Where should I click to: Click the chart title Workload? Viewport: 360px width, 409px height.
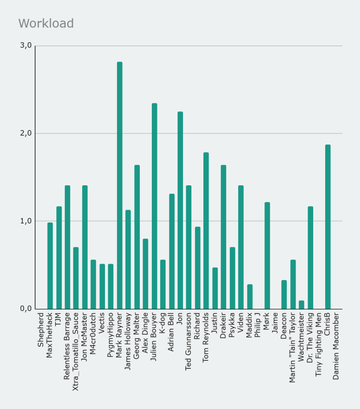(46, 24)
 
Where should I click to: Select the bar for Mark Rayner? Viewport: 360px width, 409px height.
(119, 185)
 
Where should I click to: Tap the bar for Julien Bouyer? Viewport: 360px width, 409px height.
(154, 206)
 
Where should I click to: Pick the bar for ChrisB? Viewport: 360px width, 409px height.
(328, 227)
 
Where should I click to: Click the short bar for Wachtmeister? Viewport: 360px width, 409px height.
(301, 305)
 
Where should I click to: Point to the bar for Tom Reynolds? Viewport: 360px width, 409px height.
(206, 231)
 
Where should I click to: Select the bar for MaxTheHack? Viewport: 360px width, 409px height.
(50, 266)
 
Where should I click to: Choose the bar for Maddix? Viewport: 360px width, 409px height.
(250, 297)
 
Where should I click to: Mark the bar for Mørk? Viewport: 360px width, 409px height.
(267, 256)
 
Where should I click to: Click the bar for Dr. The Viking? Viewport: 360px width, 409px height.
(310, 258)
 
